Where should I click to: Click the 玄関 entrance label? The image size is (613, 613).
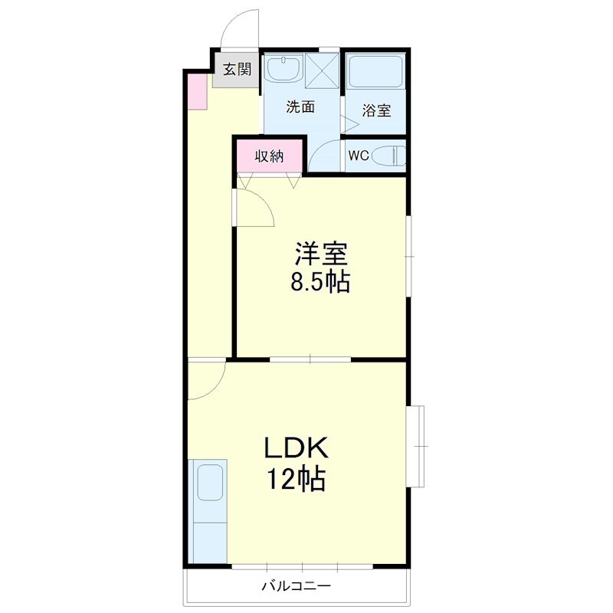(237, 69)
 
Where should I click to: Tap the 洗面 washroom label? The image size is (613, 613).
(300, 107)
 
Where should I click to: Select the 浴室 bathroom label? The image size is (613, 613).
(376, 110)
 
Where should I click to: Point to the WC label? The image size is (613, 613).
(359, 156)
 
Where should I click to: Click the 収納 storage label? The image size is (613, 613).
(270, 156)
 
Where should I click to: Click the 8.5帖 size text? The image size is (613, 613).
(320, 283)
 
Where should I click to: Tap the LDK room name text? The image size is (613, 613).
(297, 448)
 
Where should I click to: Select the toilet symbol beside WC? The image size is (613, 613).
(388, 156)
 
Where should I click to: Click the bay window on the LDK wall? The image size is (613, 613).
(418, 447)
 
